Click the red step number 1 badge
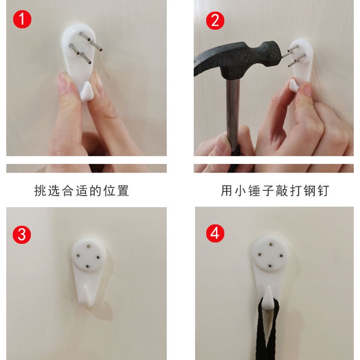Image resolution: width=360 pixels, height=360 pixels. click(22, 19)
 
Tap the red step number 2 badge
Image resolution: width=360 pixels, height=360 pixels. click(215, 21)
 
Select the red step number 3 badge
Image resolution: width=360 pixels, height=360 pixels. click(22, 235)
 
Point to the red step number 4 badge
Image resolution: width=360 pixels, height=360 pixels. click(215, 233)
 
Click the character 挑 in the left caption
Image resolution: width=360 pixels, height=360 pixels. click(40, 190)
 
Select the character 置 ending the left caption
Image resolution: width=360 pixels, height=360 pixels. click(123, 190)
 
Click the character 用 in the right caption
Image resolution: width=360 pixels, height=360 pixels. click(226, 190)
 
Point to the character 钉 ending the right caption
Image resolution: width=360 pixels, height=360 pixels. click(323, 190)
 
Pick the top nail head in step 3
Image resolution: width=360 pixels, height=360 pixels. click(89, 247)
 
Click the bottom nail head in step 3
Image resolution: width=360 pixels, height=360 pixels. click(87, 266)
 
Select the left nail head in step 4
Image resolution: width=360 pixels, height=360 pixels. click(260, 254)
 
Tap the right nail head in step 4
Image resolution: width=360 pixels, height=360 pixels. click(282, 255)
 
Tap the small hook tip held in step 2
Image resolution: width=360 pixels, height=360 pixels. click(294, 85)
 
